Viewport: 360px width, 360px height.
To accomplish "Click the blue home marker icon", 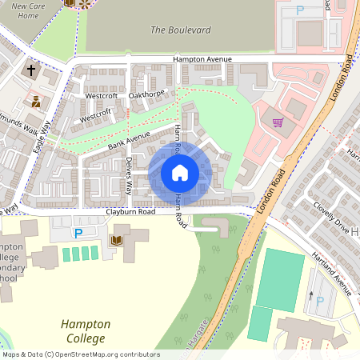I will [x=180, y=172].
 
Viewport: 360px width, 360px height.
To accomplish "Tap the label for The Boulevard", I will [x=181, y=30].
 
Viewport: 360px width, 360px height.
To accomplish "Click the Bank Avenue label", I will [x=129, y=142].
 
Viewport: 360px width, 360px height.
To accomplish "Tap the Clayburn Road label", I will [x=130, y=213].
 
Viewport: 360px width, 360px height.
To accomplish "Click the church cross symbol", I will [x=32, y=70].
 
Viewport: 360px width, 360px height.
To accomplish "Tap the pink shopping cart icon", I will [x=278, y=122].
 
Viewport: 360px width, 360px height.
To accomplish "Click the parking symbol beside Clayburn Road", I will [x=78, y=234].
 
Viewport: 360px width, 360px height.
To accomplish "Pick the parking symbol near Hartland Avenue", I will [x=321, y=301].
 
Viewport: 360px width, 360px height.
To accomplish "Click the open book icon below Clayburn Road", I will [x=116, y=240].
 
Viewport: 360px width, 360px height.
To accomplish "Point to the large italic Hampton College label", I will [x=86, y=331].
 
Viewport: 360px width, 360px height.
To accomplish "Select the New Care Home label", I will [x=28, y=10].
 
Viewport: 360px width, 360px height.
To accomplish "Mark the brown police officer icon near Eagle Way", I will [x=36, y=102].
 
